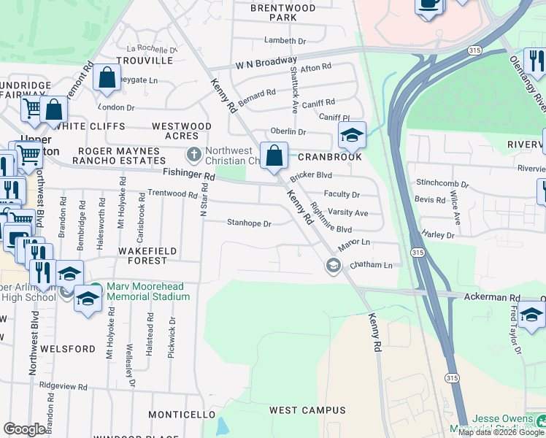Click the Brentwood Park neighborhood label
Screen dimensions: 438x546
pos(282,12)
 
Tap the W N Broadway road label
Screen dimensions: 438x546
pos(266,64)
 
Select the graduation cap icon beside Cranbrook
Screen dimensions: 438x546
pos(352,135)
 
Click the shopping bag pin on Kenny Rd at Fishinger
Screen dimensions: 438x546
pos(274,155)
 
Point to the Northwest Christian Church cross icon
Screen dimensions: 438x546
pos(193,155)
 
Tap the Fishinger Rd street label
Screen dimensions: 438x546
pos(188,176)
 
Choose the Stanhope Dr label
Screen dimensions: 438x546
pos(249,223)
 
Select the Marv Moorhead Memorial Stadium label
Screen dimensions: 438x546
pos(148,291)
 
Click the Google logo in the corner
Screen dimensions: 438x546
pos(25,429)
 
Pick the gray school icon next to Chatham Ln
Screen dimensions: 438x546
pos(334,265)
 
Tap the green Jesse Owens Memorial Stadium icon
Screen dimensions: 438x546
pos(541,421)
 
